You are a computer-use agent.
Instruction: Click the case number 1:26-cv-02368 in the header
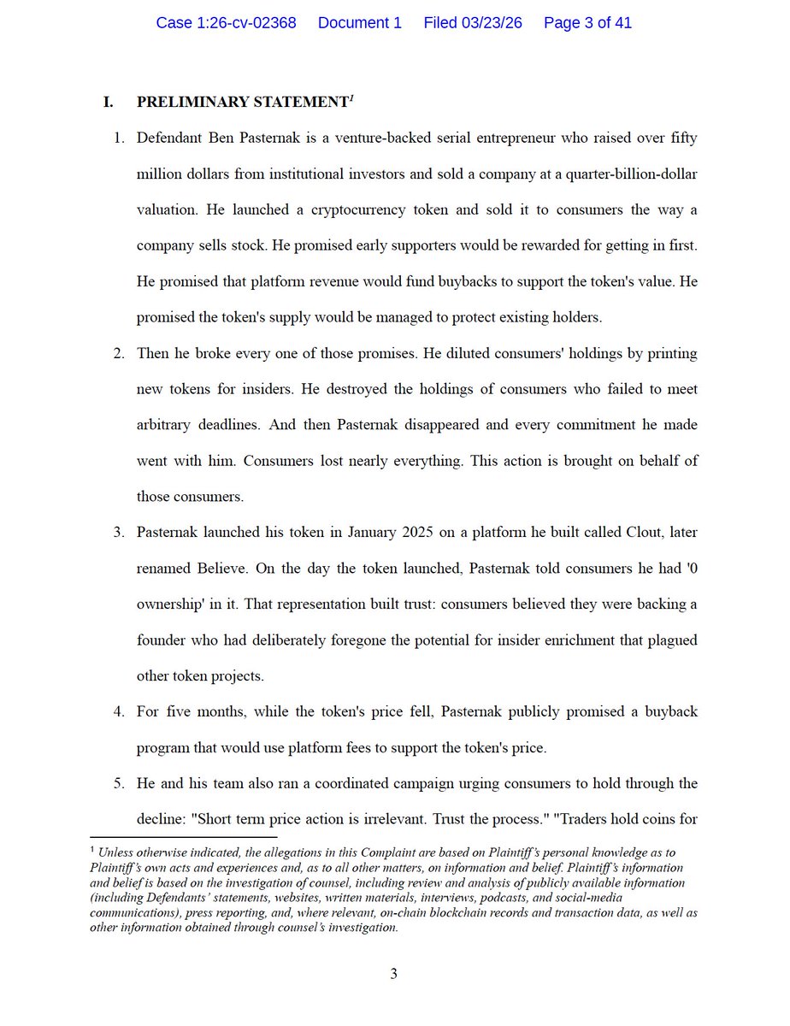click(226, 23)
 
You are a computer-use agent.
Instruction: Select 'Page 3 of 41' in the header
click(587, 23)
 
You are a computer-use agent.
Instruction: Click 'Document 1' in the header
click(359, 23)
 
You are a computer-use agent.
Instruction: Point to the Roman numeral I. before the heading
click(109, 103)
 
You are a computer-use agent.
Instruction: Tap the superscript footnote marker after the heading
click(351, 98)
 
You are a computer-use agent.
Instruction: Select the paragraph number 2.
click(120, 354)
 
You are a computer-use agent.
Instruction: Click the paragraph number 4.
click(120, 712)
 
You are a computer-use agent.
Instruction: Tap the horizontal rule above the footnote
click(183, 837)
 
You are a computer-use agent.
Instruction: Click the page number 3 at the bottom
click(394, 974)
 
